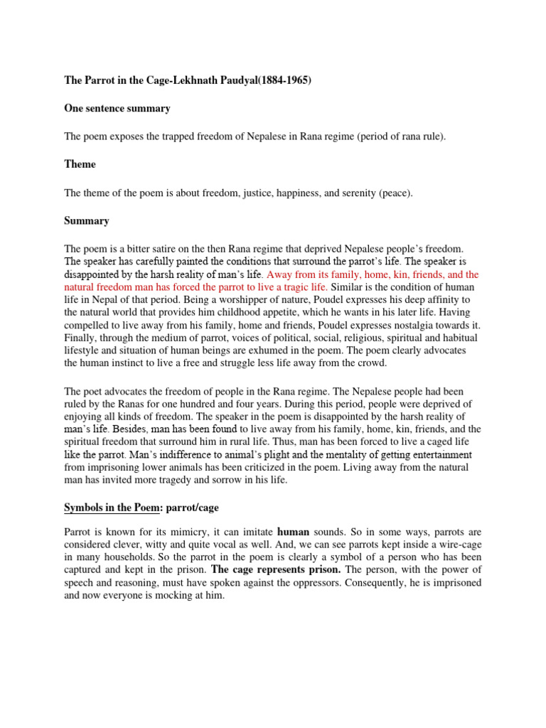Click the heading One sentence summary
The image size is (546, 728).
pos(117,109)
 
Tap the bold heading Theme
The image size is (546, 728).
pos(80,164)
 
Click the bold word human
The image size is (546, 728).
pos(294,531)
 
